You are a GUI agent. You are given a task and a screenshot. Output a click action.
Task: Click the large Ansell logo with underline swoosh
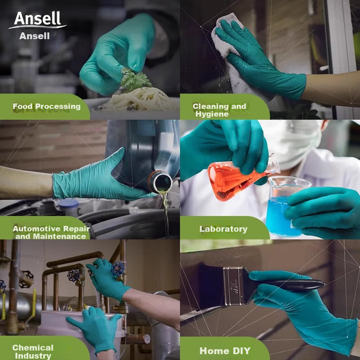(37, 20)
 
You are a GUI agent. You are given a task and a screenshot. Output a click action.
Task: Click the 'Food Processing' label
(47, 106)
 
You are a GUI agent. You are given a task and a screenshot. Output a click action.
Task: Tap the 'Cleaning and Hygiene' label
(219, 110)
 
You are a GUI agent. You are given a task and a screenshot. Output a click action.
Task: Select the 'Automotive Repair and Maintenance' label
(51, 233)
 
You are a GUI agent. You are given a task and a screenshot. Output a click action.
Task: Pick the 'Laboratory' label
(223, 229)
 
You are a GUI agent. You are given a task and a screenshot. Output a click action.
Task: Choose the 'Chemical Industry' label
(33, 351)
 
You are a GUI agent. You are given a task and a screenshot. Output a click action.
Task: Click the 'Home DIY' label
(225, 351)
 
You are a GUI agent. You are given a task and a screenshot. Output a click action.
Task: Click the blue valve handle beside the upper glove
(118, 269)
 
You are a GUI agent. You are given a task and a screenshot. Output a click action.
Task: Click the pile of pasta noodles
(141, 99)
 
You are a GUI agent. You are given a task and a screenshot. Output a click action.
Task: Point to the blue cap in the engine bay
(68, 203)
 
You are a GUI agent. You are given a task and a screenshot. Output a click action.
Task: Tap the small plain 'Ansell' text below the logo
(34, 36)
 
